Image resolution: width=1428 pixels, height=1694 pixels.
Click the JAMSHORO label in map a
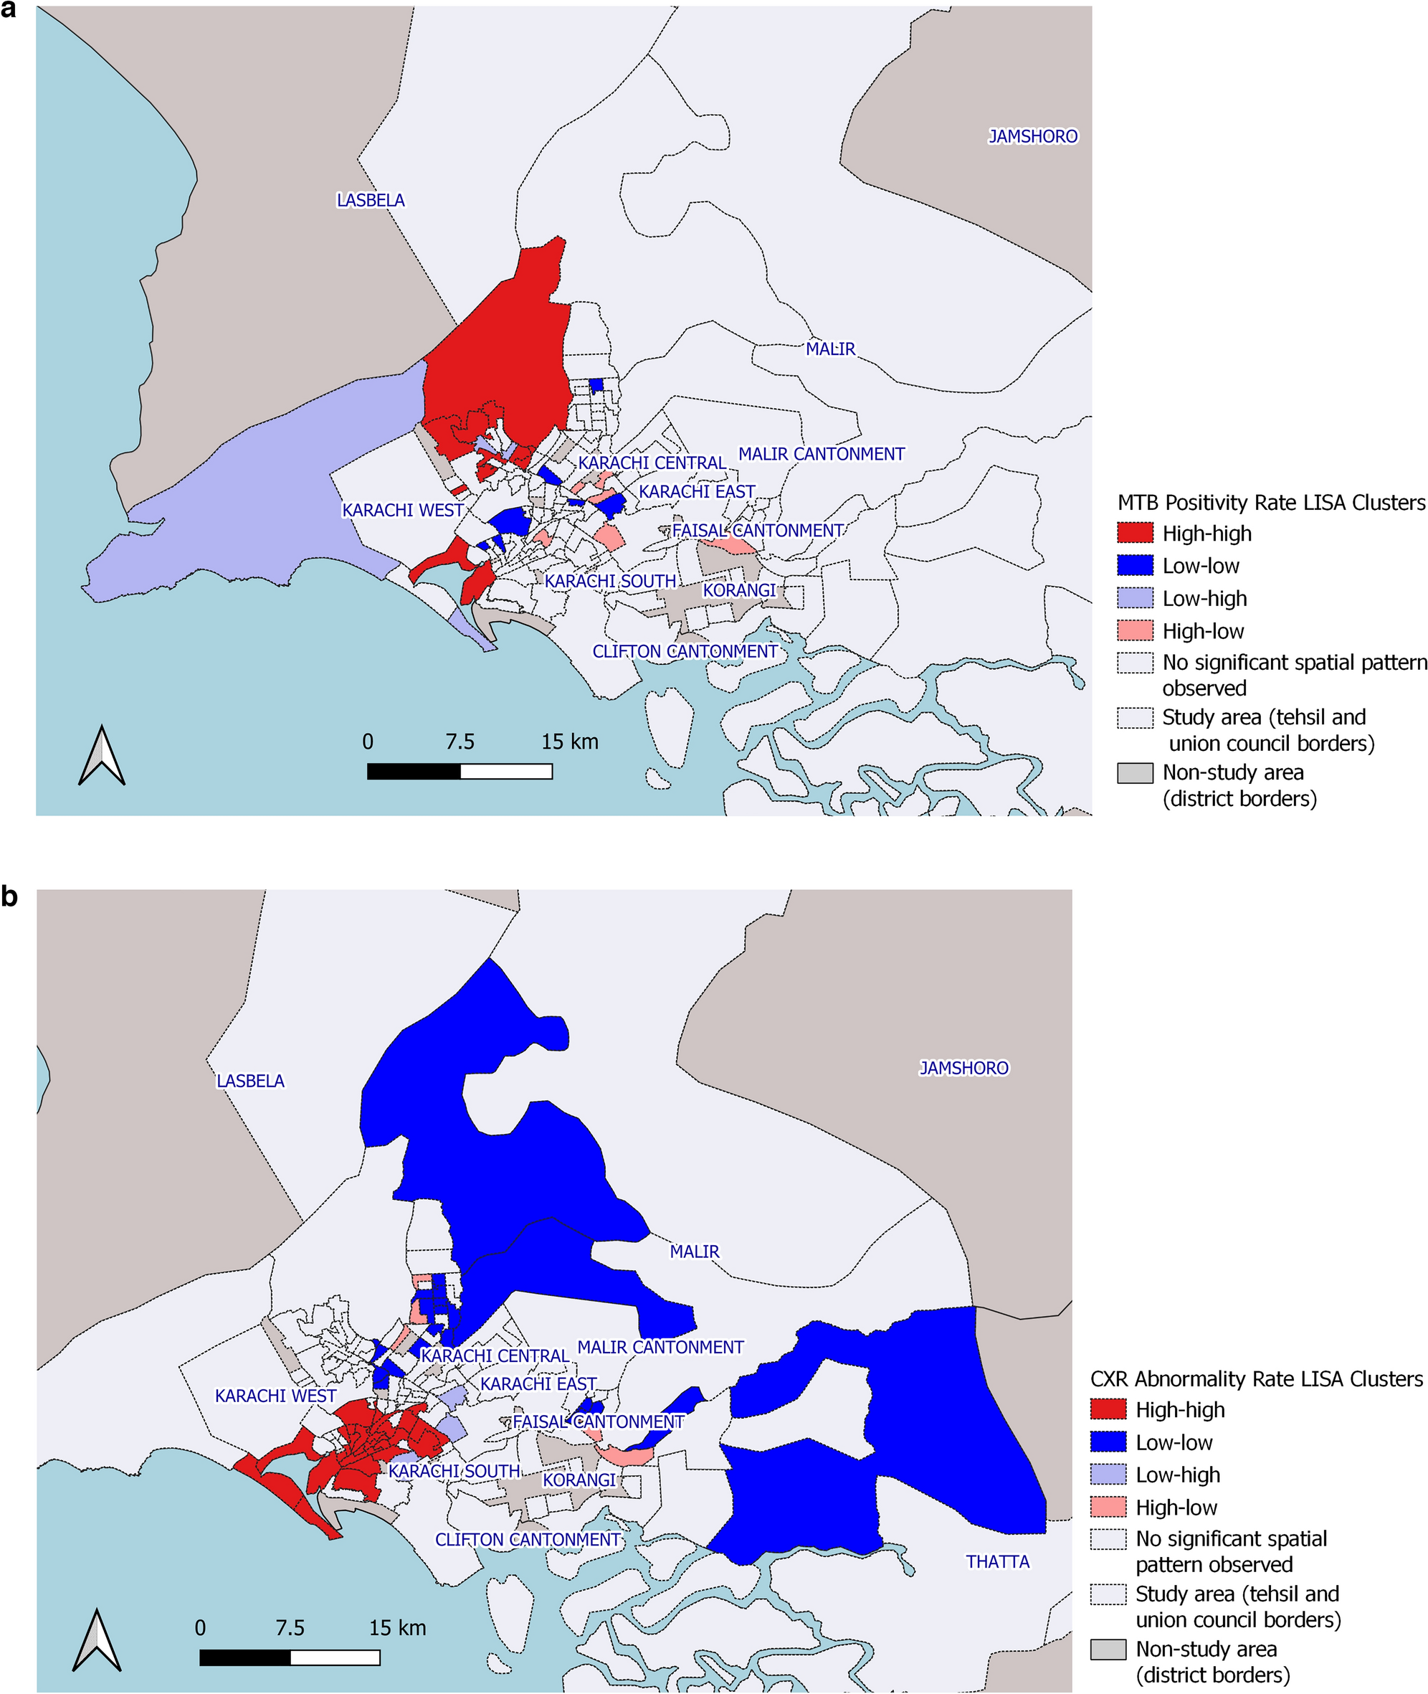[x=1032, y=136]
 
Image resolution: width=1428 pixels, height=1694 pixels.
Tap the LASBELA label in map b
[x=250, y=1080]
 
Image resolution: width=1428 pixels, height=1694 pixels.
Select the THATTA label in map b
[x=997, y=1561]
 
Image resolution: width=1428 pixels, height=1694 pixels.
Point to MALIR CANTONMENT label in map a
[x=821, y=453]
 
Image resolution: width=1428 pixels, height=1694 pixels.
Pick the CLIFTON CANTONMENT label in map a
[x=685, y=651]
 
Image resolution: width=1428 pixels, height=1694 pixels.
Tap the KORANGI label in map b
[x=579, y=1480]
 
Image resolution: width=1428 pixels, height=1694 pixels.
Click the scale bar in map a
[x=459, y=771]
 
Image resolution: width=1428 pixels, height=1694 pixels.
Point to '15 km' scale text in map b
[x=396, y=1627]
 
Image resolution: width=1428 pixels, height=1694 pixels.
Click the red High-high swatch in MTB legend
[x=1135, y=533]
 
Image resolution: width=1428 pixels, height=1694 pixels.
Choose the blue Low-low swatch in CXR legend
[x=1108, y=1442]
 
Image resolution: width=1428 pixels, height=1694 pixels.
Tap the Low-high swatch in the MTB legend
[x=1135, y=597]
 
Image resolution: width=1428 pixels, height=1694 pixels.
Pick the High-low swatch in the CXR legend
[x=1108, y=1507]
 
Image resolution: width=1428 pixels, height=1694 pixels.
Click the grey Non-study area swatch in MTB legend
[x=1135, y=772]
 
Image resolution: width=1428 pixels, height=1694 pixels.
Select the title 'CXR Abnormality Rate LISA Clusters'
[x=1255, y=1379]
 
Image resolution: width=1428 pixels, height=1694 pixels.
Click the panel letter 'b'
[x=10, y=897]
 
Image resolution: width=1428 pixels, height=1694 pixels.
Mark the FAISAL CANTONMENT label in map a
[x=757, y=531]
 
